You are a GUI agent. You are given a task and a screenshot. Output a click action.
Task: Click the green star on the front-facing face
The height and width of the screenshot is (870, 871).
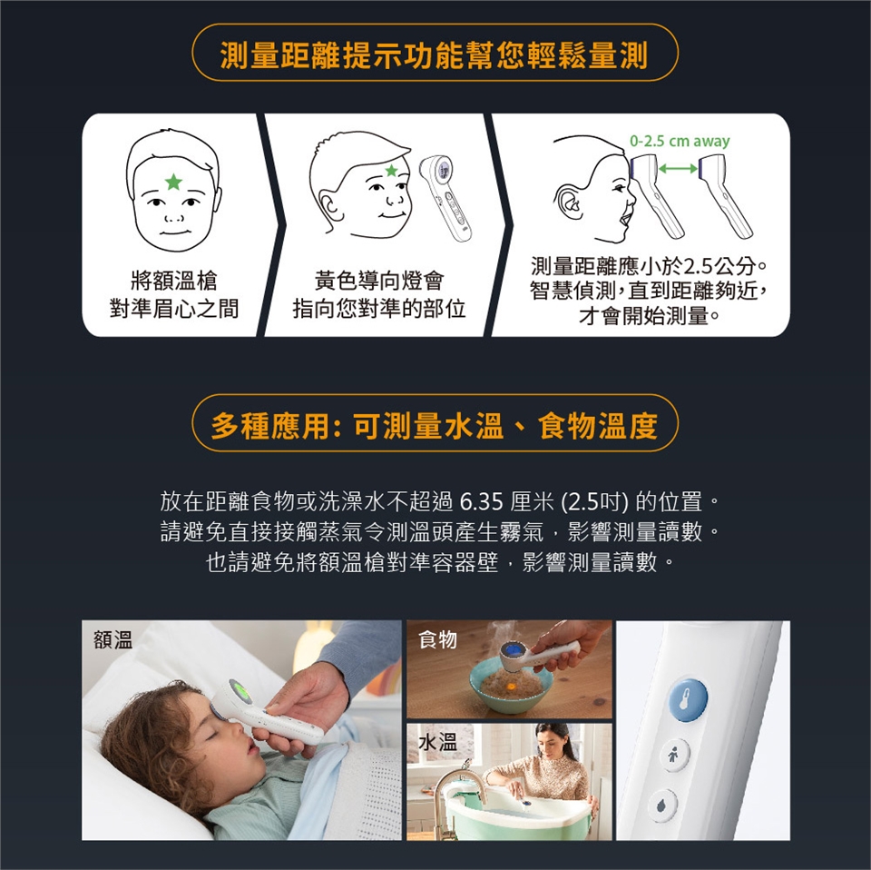(173, 182)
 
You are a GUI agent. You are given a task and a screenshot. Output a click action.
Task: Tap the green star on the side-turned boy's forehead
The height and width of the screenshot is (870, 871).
(392, 171)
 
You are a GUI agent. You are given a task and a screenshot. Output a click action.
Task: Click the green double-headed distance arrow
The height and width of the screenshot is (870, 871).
(678, 168)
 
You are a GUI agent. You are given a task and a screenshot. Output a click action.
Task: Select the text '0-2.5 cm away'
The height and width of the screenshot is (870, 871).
(680, 141)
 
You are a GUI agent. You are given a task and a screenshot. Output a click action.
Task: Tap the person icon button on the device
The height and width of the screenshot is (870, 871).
(673, 755)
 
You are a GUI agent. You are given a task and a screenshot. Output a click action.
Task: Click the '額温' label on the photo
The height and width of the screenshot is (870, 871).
(113, 640)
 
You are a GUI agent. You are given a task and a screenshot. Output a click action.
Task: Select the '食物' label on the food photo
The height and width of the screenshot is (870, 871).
(437, 639)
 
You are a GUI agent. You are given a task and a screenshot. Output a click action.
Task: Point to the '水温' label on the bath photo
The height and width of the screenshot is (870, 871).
(437, 742)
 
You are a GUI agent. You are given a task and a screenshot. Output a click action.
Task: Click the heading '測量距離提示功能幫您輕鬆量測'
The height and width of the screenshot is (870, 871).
(435, 55)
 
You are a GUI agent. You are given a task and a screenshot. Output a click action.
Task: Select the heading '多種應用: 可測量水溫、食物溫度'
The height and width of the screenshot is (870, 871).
(435, 426)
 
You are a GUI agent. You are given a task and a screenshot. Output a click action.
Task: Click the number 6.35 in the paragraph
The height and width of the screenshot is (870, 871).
(482, 501)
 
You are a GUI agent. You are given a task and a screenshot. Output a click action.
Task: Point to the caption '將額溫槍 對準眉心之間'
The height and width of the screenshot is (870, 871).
(174, 294)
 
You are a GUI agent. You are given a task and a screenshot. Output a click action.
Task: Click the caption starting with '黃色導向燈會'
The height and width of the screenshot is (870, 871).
(379, 294)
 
